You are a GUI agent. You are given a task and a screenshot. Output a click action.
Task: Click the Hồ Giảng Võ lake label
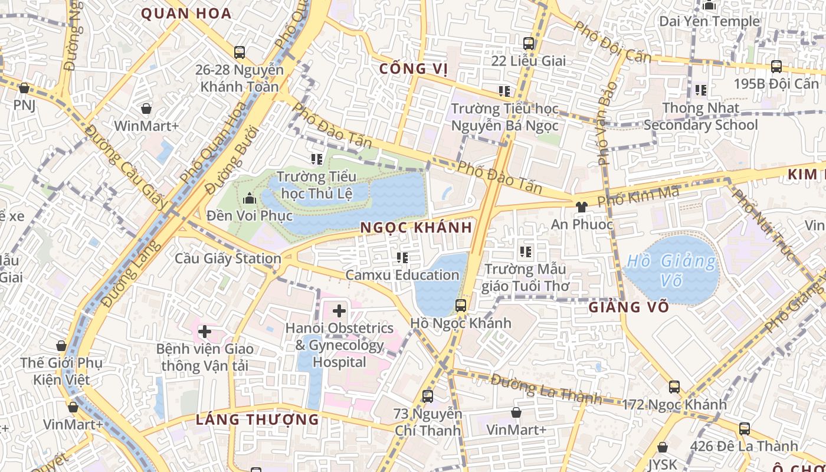(x=671, y=270)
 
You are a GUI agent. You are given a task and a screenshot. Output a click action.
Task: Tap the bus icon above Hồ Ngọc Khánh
(x=461, y=306)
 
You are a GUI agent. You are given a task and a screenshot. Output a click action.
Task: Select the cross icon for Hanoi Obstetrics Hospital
(x=339, y=310)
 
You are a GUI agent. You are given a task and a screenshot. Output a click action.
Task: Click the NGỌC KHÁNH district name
(x=416, y=228)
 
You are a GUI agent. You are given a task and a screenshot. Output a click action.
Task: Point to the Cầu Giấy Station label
(x=228, y=258)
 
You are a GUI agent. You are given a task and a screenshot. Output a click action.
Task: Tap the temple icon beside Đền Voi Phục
(x=249, y=198)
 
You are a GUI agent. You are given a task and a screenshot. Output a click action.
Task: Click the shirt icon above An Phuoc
(x=582, y=206)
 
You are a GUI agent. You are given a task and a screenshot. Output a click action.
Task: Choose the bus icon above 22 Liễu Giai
(x=529, y=43)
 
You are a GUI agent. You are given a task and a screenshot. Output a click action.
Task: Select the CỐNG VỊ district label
(x=414, y=68)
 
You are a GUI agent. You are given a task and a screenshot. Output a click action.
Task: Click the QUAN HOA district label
(x=186, y=14)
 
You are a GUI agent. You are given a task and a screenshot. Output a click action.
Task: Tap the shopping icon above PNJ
(x=24, y=88)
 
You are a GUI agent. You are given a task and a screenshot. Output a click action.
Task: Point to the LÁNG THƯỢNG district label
(x=257, y=419)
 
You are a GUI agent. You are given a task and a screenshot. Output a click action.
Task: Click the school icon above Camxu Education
(x=402, y=257)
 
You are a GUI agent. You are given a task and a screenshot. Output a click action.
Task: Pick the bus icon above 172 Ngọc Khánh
(x=674, y=387)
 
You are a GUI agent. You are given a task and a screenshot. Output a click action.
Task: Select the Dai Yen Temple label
(x=710, y=21)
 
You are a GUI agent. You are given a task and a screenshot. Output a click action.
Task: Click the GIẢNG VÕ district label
(x=629, y=307)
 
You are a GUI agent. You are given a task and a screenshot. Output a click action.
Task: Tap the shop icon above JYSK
(x=663, y=447)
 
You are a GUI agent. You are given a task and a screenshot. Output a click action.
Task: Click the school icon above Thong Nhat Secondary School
(x=701, y=90)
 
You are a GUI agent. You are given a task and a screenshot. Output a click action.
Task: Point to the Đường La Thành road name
(x=546, y=389)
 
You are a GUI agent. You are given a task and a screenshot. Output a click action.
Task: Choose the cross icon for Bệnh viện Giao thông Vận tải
(x=205, y=331)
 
